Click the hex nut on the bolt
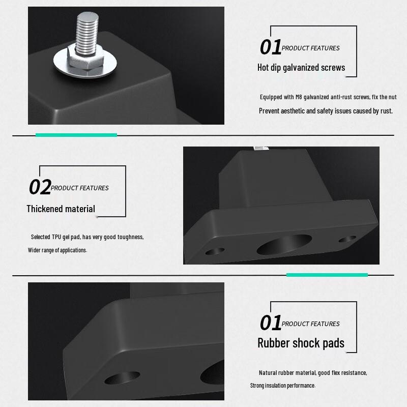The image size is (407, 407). click(x=85, y=58)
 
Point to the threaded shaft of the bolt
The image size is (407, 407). click(x=87, y=31)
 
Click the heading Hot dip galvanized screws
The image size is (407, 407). click(x=301, y=68)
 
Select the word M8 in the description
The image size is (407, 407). click(x=299, y=97)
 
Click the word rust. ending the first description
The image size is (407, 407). click(x=387, y=111)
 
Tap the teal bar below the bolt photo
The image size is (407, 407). click(x=76, y=135)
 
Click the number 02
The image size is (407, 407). click(x=40, y=187)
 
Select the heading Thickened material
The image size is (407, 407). click(x=61, y=209)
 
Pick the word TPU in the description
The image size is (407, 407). click(x=56, y=237)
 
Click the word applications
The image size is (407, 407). click(x=73, y=250)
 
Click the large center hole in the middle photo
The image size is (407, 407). click(x=284, y=244)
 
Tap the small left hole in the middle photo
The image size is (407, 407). click(x=215, y=251)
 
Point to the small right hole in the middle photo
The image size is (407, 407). click(x=347, y=239)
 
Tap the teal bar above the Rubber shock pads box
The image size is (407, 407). click(x=327, y=275)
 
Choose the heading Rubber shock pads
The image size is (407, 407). click(x=301, y=343)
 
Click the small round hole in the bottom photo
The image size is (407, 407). click(x=122, y=377)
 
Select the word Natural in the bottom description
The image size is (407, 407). click(x=268, y=373)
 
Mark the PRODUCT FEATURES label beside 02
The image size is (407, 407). click(x=80, y=188)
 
